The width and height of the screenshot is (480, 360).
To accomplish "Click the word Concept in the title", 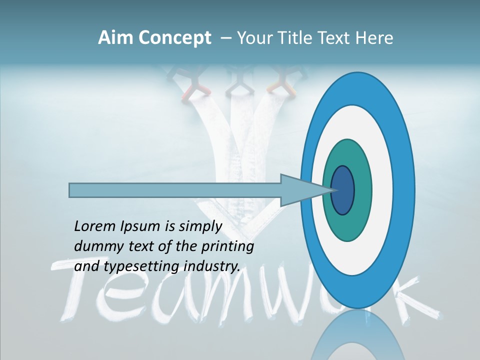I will tap(174, 38).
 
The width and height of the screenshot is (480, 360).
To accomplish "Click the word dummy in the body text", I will tap(93, 246).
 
